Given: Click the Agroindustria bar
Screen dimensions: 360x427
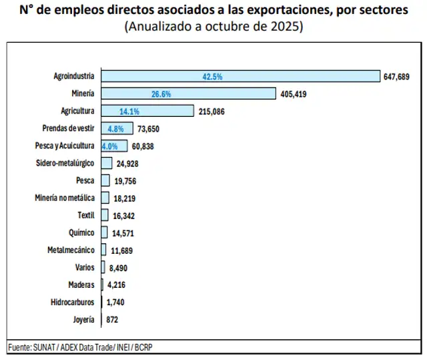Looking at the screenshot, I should coord(240,76).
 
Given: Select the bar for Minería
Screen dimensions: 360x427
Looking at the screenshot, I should coord(188,94).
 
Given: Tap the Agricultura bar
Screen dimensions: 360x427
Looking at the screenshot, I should coord(147,111).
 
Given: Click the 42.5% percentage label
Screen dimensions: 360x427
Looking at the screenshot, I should coord(212,77).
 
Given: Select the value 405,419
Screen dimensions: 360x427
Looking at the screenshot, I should coord(294,94).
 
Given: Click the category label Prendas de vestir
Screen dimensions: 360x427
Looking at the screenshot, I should coord(69,128).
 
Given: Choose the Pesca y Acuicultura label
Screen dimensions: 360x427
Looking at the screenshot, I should coord(65,146).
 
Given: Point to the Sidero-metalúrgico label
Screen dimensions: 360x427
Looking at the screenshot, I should coord(65,163).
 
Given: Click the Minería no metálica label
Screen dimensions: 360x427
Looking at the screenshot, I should coord(65,198).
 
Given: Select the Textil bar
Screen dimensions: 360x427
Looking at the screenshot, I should coord(105,215).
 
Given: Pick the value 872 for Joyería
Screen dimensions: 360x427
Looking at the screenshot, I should coord(112,320).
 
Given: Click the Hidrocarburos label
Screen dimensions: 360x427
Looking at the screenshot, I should coord(73,302).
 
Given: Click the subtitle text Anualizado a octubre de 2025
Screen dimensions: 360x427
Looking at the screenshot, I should coord(213,27).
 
